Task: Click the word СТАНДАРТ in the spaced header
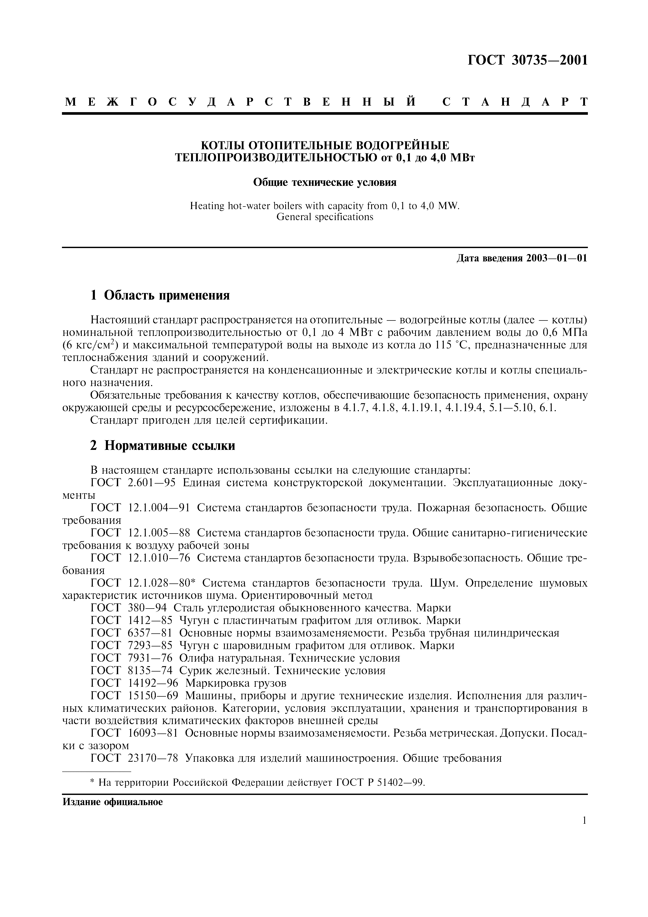pos(515,102)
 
